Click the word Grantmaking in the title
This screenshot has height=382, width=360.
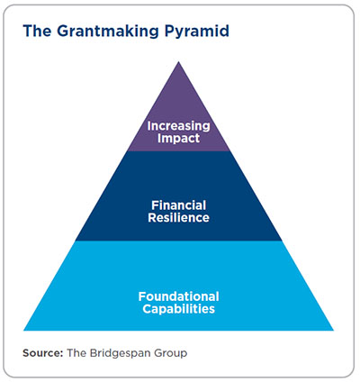coord(107,32)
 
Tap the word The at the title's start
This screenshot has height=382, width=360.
coord(37,31)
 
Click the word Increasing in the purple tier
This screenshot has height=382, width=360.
coord(178,126)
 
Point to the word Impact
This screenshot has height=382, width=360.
coord(178,139)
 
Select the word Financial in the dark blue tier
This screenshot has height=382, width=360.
coord(178,205)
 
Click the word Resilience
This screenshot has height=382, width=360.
coord(178,218)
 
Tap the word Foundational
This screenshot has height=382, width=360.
coord(178,296)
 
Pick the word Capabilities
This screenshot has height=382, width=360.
coord(178,309)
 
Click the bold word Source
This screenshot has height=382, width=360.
coord(42,353)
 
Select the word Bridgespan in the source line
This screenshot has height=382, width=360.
coord(121,353)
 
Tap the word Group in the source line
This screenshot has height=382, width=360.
coord(171,353)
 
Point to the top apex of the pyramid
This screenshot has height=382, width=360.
coord(179,61)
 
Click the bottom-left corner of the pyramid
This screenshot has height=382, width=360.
coord(23,331)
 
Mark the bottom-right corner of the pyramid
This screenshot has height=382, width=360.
coord(334,331)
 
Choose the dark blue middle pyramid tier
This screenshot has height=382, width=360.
coord(179,196)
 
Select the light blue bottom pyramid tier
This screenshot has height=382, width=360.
coord(179,286)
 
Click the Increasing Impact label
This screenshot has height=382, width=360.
coord(178,132)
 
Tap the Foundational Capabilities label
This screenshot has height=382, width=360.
coord(178,303)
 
